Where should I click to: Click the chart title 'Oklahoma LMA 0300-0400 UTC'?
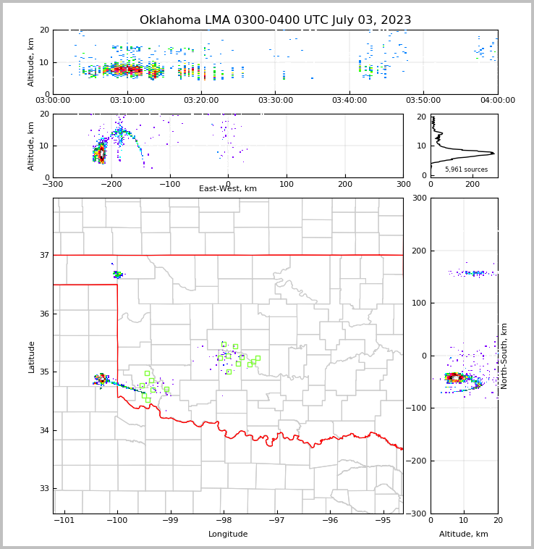tap(275, 20)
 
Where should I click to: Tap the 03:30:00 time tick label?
tap(275, 100)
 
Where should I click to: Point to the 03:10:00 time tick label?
tap(127, 100)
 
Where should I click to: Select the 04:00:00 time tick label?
tap(498, 100)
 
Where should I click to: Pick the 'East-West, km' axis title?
tap(228, 189)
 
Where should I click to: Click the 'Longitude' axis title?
tap(228, 535)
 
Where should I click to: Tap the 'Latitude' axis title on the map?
tap(32, 356)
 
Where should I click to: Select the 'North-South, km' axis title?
tap(504, 356)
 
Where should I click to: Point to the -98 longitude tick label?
tap(224, 520)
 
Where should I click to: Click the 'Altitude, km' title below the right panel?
tap(464, 535)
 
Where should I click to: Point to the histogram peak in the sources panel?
tap(492, 153)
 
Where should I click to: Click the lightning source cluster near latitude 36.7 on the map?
tap(118, 274)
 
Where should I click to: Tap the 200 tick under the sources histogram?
tap(472, 184)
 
